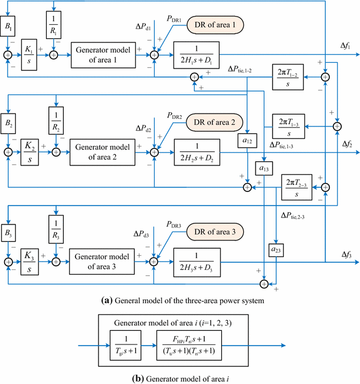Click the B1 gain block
8,27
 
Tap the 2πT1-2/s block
288,76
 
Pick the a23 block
276,249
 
